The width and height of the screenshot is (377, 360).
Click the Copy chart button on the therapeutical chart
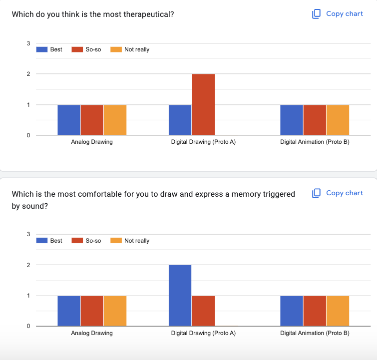pyautogui.click(x=338, y=14)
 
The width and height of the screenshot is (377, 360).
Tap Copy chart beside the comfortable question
pyautogui.click(x=338, y=193)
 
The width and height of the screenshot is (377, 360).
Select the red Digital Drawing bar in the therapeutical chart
pyautogui.click(x=203, y=104)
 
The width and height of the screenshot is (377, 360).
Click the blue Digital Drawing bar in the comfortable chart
pyautogui.click(x=180, y=295)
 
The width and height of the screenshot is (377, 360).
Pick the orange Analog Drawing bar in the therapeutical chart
pyautogui.click(x=115, y=120)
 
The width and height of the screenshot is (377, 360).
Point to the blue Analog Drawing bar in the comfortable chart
pyautogui.click(x=69, y=311)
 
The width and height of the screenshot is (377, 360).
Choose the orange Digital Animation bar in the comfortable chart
pyautogui.click(x=338, y=311)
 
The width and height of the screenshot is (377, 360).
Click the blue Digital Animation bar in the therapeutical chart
pyautogui.click(x=292, y=120)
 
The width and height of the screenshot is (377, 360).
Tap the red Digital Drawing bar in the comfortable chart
pyautogui.click(x=203, y=311)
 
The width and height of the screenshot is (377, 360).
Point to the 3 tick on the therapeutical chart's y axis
pyautogui.click(x=28, y=43)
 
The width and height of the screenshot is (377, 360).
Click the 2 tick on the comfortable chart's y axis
pyautogui.click(x=28, y=265)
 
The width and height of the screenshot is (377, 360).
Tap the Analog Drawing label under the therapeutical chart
pyautogui.click(x=92, y=142)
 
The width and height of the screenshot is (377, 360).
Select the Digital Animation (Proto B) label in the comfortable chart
pyautogui.click(x=315, y=333)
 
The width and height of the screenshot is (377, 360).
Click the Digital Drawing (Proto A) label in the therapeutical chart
pyautogui.click(x=203, y=142)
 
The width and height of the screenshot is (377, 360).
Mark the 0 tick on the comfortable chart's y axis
pyautogui.click(x=28, y=326)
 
